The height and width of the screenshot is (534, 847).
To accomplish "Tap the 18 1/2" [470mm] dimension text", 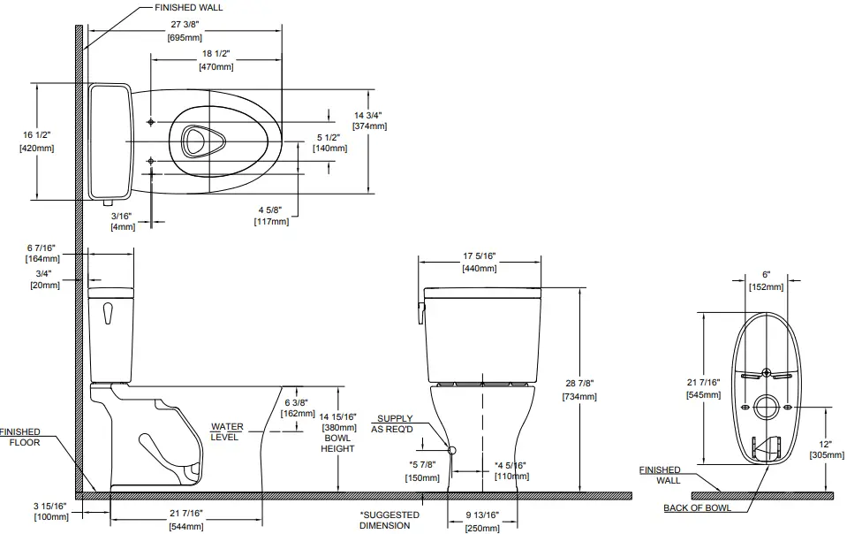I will (x=216, y=61).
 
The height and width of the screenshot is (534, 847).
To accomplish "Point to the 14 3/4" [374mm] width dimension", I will (x=369, y=121).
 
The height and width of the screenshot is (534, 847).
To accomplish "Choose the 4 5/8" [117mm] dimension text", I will (x=273, y=215).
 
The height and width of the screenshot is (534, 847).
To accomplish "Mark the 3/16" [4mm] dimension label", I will (x=121, y=221).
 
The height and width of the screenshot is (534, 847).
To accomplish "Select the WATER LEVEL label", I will (x=227, y=432).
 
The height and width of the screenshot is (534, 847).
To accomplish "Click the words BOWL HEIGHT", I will (x=338, y=443).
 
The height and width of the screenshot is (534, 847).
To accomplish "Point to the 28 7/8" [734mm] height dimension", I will (x=579, y=390).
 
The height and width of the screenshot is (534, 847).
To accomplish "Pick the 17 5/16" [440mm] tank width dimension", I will (x=480, y=263).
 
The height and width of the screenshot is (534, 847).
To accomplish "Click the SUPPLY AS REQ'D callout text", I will (x=393, y=423).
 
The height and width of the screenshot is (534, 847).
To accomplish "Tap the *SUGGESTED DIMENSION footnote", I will (x=389, y=520).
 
